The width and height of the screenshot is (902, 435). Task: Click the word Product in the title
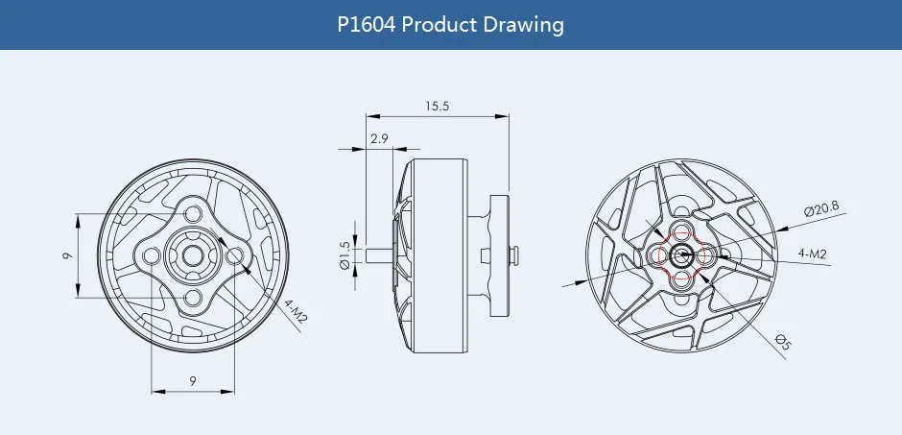click(x=438, y=25)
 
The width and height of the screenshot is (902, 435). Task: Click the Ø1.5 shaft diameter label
click(x=344, y=256)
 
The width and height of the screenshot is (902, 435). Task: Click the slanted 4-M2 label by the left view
click(x=295, y=314)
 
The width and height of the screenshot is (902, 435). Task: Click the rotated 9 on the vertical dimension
click(x=66, y=256)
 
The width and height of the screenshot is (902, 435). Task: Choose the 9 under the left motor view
click(x=193, y=381)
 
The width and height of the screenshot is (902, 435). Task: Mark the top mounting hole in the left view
click(x=193, y=213)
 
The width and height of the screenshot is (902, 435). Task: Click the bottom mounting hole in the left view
click(x=193, y=300)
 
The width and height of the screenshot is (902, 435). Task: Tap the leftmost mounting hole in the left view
click(x=150, y=256)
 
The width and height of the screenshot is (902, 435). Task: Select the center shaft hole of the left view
click(x=193, y=256)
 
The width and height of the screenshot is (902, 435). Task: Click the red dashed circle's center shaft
click(x=681, y=255)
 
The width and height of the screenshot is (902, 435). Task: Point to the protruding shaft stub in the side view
click(x=380, y=255)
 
